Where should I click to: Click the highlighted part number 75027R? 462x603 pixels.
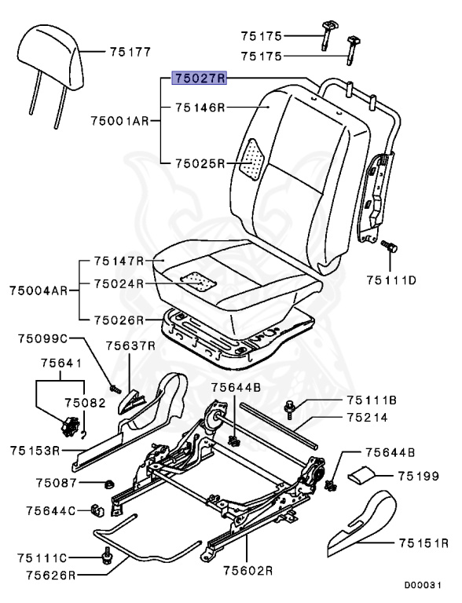[200, 79]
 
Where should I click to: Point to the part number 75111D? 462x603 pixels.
[392, 280]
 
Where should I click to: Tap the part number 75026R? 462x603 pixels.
[119, 320]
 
